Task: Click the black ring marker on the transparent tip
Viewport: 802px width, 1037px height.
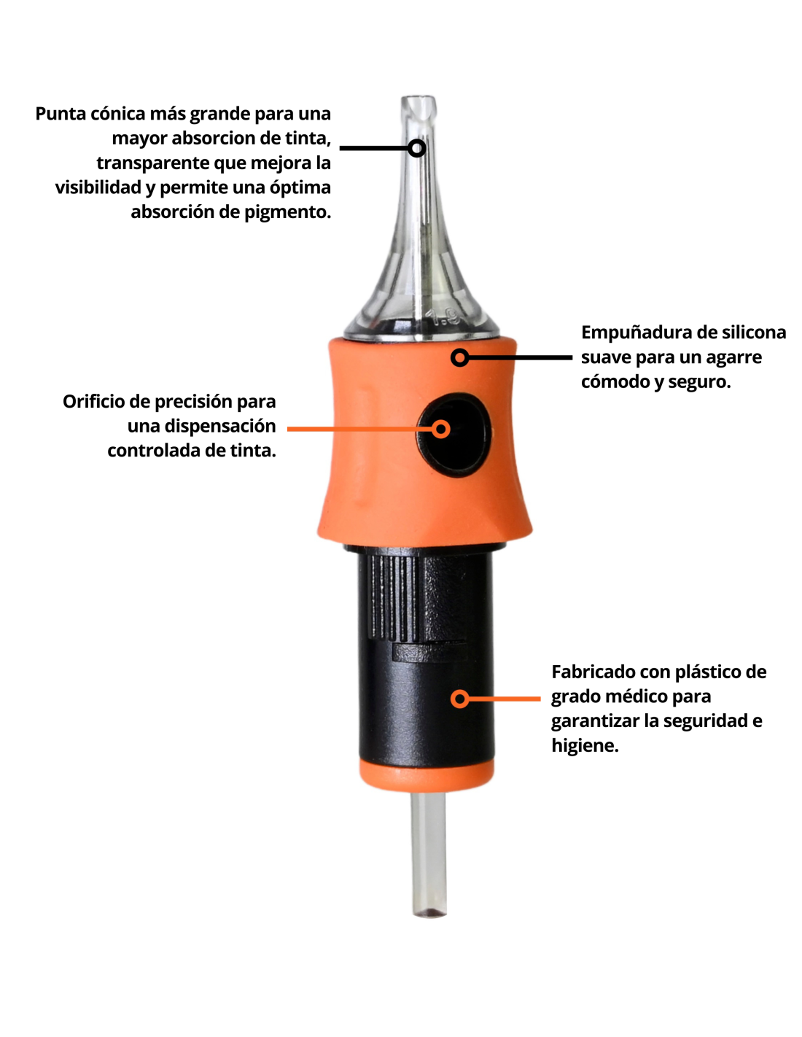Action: (416, 149)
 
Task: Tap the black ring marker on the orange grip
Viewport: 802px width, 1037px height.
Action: (459, 357)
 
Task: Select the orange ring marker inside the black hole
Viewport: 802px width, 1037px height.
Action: (441, 429)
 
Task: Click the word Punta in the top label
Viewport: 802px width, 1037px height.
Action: (61, 114)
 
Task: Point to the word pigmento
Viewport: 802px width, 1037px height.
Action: (288, 212)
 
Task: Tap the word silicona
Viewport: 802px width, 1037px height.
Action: (754, 333)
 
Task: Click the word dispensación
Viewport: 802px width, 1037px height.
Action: (220, 427)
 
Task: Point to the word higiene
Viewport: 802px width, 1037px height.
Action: (585, 746)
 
